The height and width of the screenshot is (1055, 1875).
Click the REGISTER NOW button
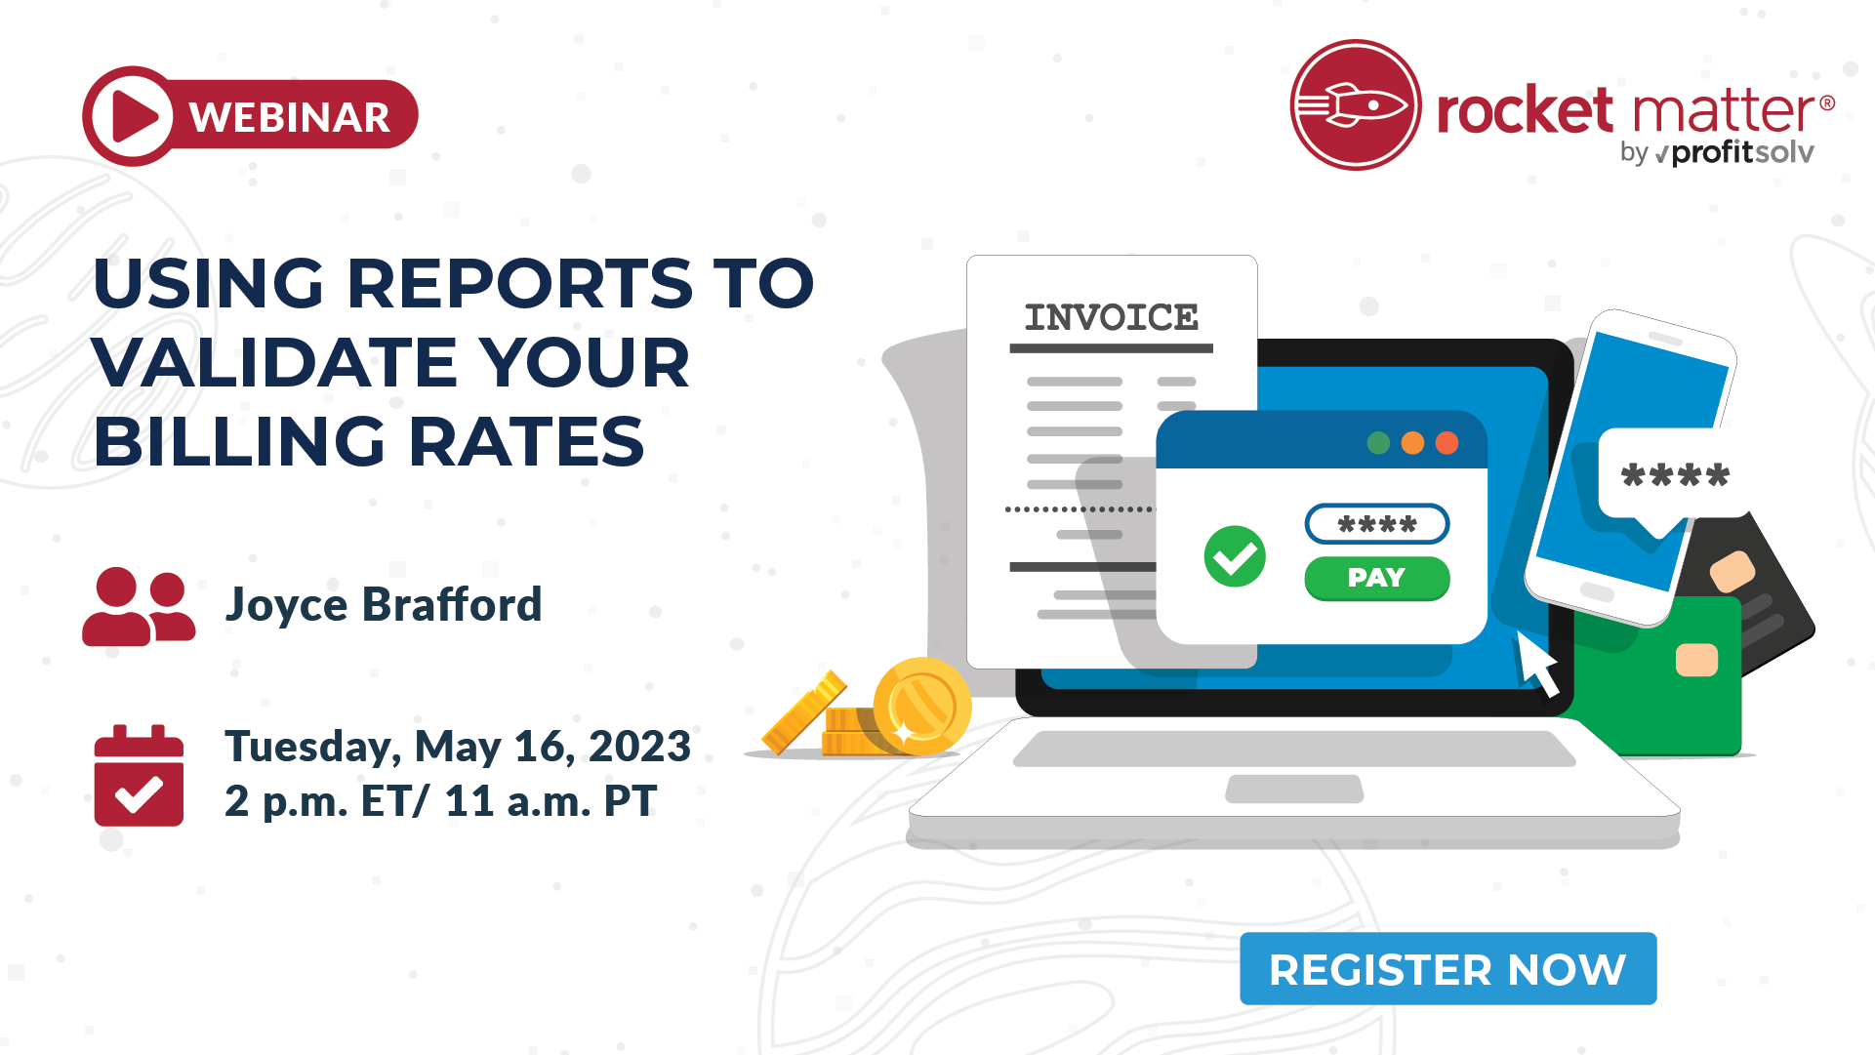pos(1447,969)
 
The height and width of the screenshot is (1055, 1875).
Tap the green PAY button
pos(1376,578)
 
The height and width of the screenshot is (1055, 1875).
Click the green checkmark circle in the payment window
pos(1235,556)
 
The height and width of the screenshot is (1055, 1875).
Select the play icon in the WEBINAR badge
pos(133,117)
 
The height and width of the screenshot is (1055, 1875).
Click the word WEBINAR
pos(290,117)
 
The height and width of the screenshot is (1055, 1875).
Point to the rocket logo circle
pos(1356,105)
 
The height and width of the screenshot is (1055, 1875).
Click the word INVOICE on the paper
pos(1111,317)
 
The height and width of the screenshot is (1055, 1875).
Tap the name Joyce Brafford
pos(384,604)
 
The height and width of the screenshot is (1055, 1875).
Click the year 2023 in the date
pos(639,747)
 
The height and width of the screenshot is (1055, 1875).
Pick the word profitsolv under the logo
pos(1742,152)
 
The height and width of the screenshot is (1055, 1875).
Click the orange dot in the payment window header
pos(1412,443)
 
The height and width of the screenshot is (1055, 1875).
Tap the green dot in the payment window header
pos(1378,443)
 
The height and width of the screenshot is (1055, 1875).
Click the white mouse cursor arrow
pos(1537,664)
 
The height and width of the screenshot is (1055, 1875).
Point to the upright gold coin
pos(921,707)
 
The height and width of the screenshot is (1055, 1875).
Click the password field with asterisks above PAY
pos(1376,524)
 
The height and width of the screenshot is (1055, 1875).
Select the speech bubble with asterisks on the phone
pos(1675,476)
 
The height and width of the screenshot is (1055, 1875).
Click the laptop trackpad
pos(1294,789)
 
